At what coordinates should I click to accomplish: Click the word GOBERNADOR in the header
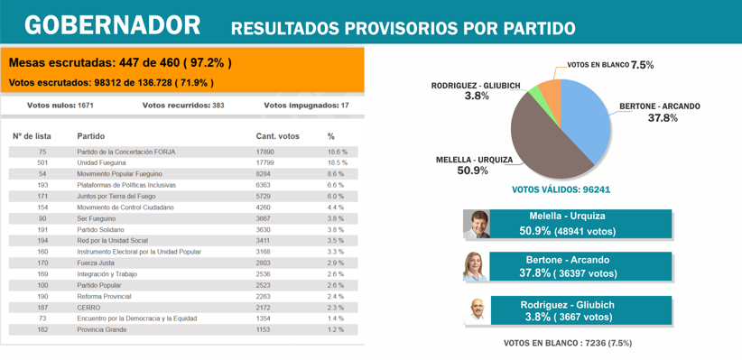[112, 25]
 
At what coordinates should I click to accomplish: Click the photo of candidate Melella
[476, 225]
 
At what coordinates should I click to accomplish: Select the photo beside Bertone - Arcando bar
[476, 268]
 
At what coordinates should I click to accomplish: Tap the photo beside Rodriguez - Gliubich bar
[476, 311]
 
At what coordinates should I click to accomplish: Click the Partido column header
[90, 136]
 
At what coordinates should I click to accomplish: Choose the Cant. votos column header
[277, 136]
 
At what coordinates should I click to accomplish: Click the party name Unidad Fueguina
[101, 163]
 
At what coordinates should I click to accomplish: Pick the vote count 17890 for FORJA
[264, 152]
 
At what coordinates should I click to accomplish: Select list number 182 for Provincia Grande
[42, 330]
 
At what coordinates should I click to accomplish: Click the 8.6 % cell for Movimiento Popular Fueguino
[336, 174]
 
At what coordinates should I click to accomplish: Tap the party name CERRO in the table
[88, 308]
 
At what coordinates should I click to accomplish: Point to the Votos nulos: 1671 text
[60, 106]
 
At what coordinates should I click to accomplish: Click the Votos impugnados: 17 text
[306, 106]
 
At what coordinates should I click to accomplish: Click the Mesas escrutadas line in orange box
[120, 63]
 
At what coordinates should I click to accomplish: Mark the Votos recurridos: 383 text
[183, 106]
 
